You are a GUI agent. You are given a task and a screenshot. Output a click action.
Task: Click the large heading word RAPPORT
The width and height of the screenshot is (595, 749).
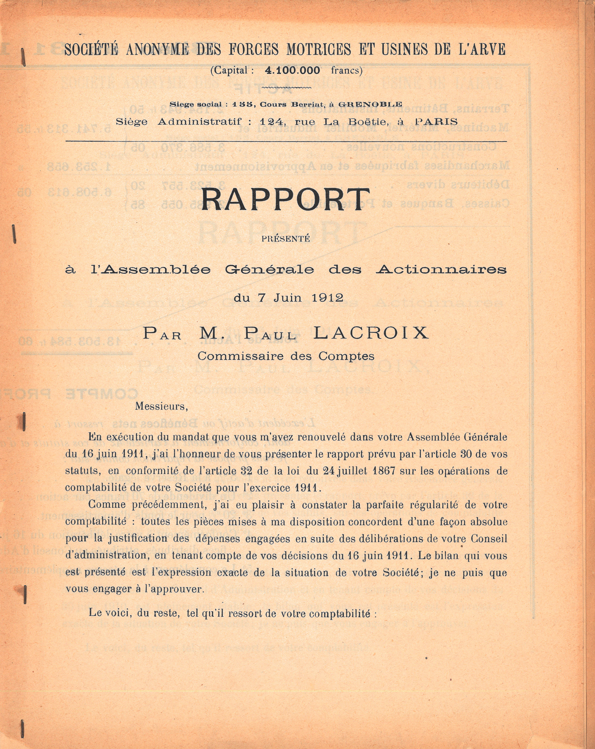point(286,200)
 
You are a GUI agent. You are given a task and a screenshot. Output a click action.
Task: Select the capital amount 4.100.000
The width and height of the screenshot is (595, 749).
point(292,70)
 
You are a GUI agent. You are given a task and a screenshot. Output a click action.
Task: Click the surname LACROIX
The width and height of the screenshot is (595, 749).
point(371,333)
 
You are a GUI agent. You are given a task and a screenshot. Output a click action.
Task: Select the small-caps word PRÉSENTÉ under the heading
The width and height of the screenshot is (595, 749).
point(286,239)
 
